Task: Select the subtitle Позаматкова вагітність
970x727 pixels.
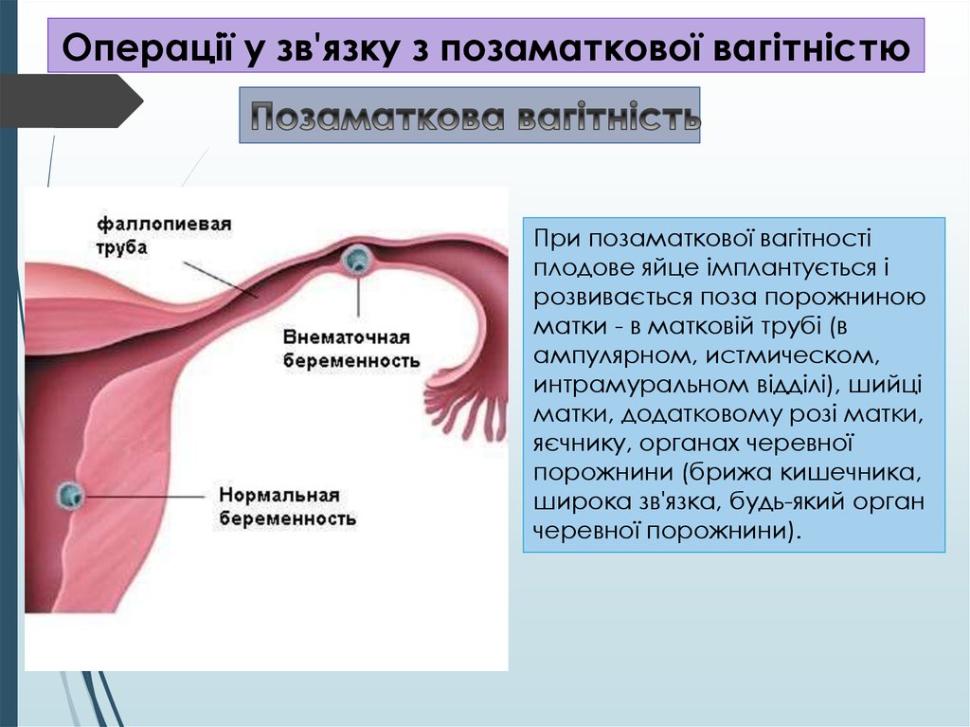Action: point(476,116)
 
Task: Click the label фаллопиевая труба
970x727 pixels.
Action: point(164,235)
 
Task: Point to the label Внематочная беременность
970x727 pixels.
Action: point(351,349)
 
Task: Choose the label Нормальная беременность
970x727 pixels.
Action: point(288,506)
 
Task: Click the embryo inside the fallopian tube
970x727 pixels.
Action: point(357,259)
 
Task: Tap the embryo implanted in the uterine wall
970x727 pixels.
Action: point(70,496)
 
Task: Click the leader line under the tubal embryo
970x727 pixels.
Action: point(358,296)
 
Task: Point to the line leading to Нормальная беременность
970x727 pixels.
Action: point(145,497)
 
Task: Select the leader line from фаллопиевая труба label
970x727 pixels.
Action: point(220,280)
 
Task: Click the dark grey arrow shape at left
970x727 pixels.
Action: point(71,100)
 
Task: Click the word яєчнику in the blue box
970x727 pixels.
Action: point(580,444)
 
